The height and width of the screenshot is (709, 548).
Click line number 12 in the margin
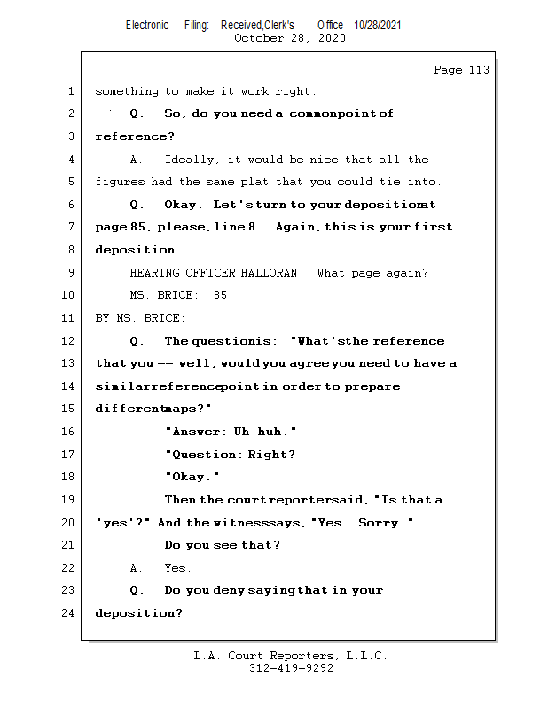(x=70, y=341)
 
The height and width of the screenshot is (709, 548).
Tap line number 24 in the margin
(x=70, y=613)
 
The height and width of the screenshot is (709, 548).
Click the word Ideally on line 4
(x=193, y=160)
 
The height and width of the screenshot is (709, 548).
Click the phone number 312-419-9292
(x=291, y=668)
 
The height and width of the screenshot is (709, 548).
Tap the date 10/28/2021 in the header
(x=377, y=26)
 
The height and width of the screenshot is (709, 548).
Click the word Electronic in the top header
(x=147, y=26)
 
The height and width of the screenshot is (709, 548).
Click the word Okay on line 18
(x=191, y=477)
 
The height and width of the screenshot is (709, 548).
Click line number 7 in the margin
(x=70, y=228)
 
